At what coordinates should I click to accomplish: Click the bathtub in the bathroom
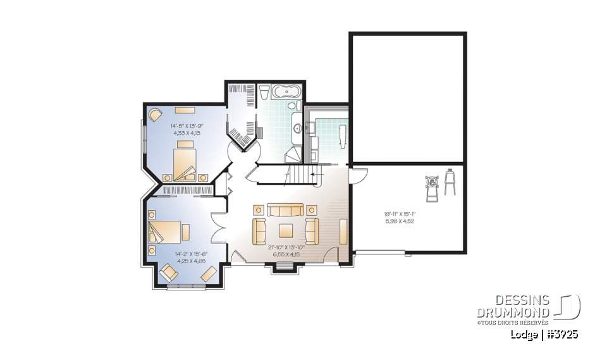(x=286, y=93)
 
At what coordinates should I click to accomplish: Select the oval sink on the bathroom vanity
(x=298, y=128)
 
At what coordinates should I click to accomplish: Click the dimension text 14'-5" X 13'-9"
(x=186, y=125)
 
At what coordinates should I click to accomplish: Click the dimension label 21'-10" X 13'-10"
(x=286, y=247)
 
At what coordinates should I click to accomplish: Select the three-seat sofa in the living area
(x=285, y=209)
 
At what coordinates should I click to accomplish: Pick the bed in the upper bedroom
(x=186, y=159)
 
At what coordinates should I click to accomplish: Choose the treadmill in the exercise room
(x=433, y=187)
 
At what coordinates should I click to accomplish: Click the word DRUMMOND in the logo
(x=513, y=313)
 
